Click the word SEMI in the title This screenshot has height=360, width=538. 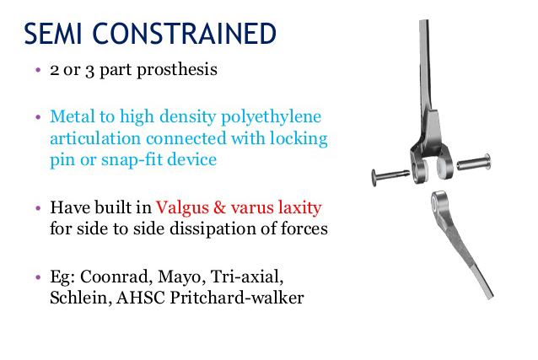point(53,33)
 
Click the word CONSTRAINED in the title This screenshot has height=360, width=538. point(184,33)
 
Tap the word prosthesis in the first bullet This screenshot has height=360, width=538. point(177,70)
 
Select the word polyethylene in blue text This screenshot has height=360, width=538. point(271,117)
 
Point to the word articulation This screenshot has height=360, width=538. point(95,138)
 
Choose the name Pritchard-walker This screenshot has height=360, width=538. point(237,298)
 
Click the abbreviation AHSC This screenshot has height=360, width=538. point(141,298)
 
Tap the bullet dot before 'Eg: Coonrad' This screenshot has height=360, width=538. point(38,277)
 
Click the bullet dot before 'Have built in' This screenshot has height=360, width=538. point(38,208)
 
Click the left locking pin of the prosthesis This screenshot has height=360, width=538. point(390,176)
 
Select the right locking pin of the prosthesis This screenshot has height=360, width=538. point(474,163)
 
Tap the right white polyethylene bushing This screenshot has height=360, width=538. point(444,167)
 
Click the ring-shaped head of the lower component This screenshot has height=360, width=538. point(438,201)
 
